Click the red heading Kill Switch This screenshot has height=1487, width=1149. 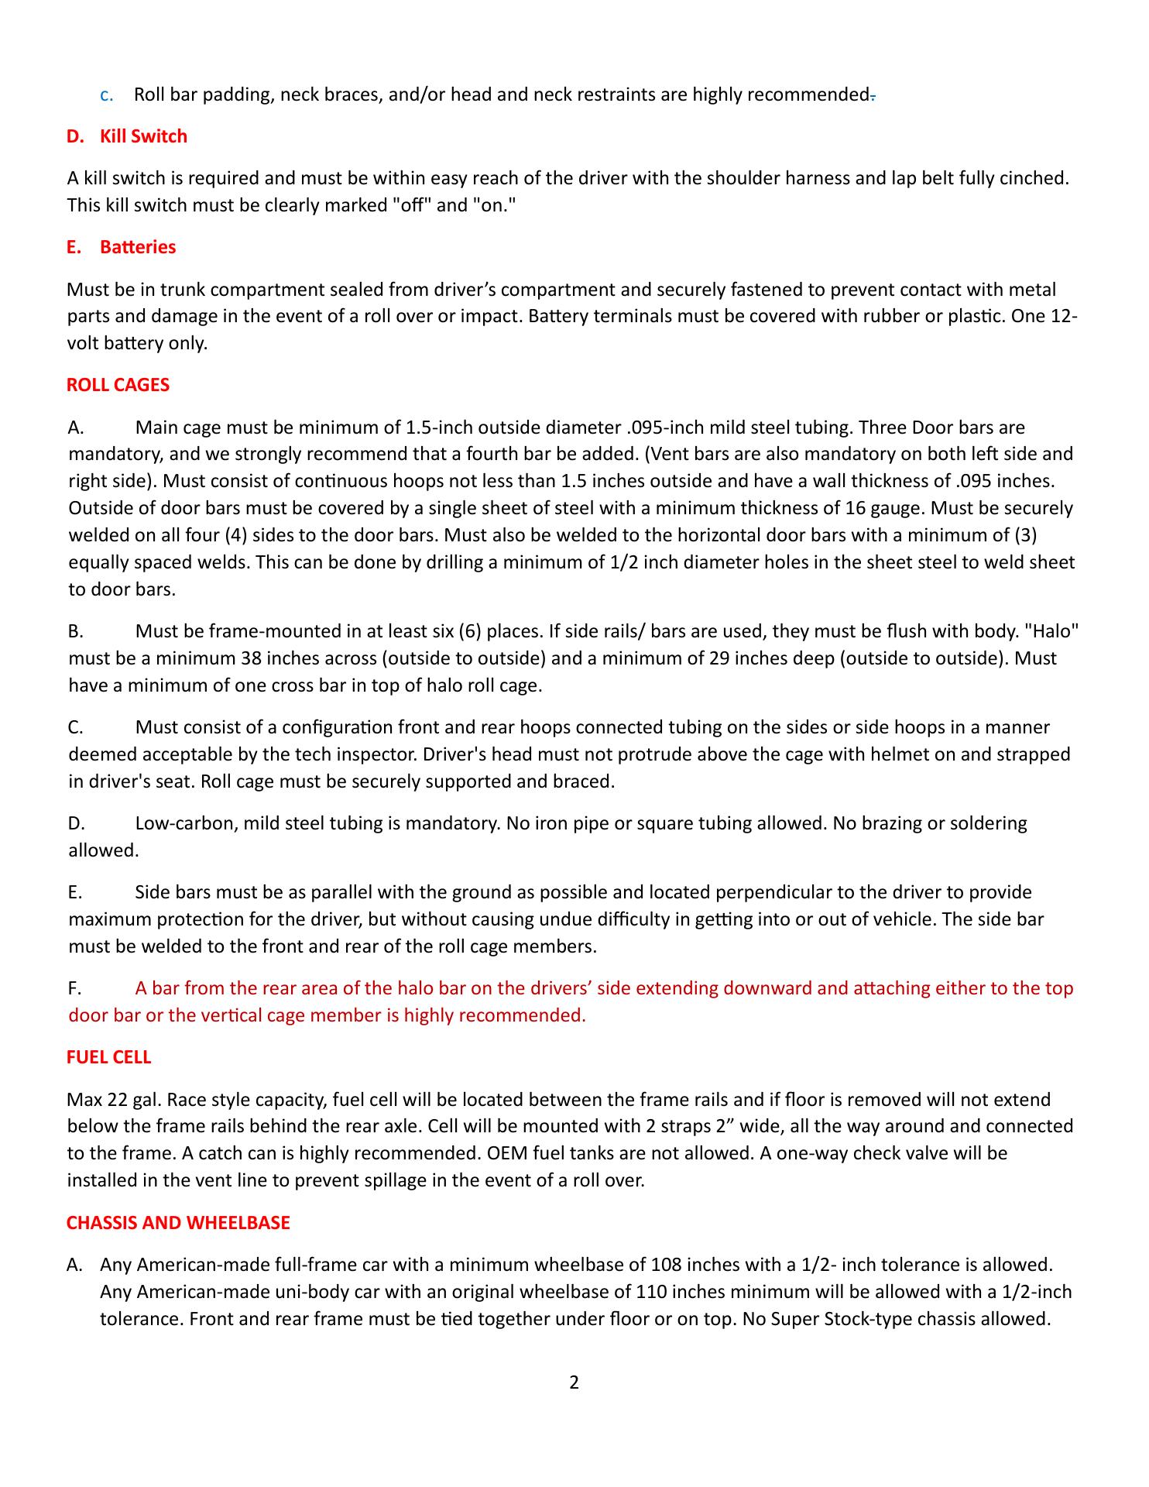[x=143, y=136]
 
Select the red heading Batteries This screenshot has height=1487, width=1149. [x=138, y=247]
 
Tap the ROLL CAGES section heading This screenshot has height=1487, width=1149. [x=118, y=385]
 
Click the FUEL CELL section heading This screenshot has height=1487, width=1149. [x=109, y=1057]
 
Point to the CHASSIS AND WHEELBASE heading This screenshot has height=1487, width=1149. [x=178, y=1222]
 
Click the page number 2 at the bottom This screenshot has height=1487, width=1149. [x=574, y=1382]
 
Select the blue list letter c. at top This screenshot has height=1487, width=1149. [x=108, y=95]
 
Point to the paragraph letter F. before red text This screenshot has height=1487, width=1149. [x=75, y=988]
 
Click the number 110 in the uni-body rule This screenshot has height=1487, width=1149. [x=650, y=1292]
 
